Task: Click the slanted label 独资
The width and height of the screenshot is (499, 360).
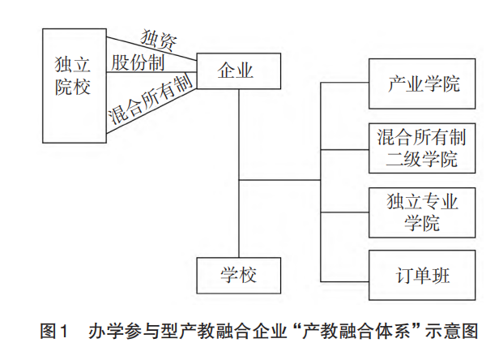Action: coord(160,36)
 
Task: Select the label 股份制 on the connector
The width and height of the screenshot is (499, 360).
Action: coord(139,62)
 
